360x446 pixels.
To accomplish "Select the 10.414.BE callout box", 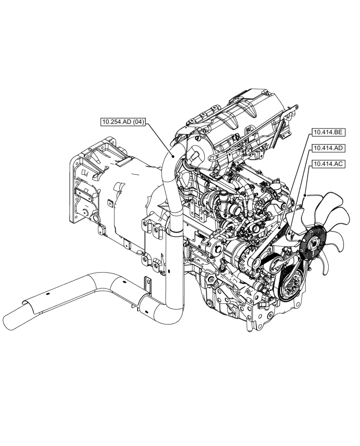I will coord(328,132).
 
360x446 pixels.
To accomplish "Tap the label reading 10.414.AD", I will coord(328,148).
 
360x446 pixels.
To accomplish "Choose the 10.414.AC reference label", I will coord(328,164).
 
